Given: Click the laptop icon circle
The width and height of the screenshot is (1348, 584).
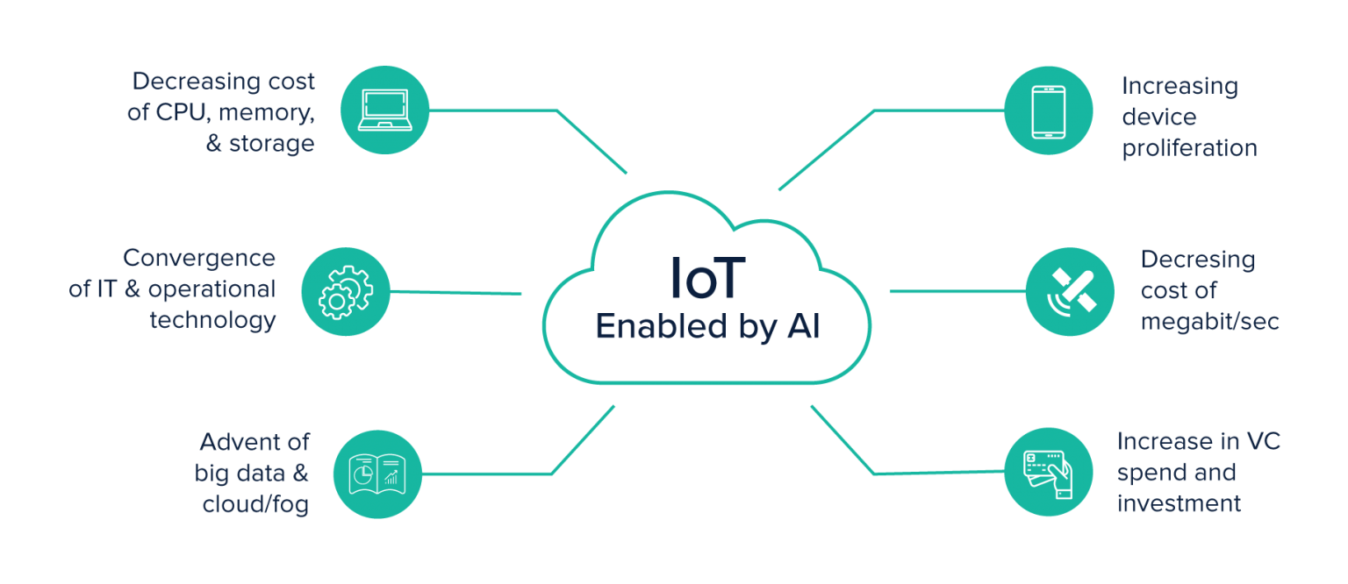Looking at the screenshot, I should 384,110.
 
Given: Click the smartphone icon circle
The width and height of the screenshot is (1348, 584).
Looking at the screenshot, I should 1048,110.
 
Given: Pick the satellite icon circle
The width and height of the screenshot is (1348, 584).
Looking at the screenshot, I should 1070,292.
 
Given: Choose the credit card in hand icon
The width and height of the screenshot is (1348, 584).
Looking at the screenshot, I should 1048,473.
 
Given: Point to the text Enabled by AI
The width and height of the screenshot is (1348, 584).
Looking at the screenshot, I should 707,326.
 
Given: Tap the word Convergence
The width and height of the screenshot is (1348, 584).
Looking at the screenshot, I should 199,259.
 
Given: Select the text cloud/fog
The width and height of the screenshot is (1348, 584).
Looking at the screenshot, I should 255,506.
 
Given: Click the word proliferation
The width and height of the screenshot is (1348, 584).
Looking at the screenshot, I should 1189,148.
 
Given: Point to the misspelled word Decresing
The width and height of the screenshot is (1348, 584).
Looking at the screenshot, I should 1197,260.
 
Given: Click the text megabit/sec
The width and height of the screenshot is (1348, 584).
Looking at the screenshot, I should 1209,322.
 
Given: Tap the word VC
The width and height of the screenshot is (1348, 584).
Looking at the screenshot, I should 1262,441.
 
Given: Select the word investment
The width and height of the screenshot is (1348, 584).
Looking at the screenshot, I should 1179,503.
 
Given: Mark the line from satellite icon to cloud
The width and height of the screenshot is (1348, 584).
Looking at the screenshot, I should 957,291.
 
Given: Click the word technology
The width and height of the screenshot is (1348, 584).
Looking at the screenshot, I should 212,320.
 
